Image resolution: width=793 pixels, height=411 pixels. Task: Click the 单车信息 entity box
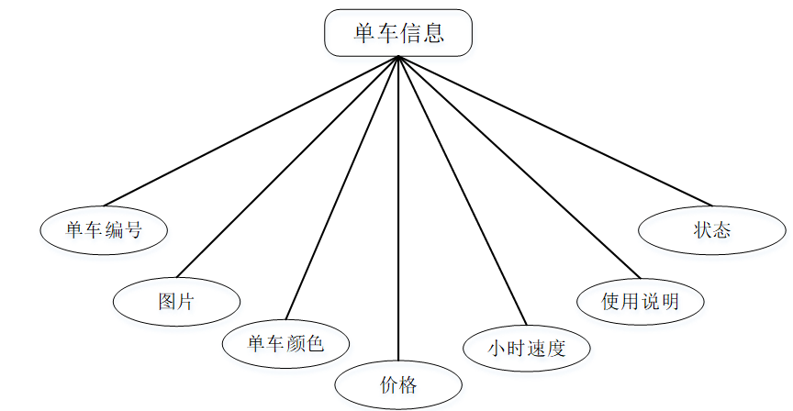[x=398, y=33]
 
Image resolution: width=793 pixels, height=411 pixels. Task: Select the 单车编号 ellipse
[x=105, y=229]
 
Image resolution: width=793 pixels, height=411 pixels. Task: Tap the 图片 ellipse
[x=176, y=300]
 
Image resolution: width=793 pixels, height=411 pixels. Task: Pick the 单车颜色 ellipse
[x=286, y=344]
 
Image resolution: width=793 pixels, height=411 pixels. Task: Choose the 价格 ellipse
[x=398, y=384]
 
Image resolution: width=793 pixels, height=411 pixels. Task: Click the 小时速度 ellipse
[x=526, y=348]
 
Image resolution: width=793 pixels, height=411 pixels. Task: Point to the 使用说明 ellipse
[x=640, y=301]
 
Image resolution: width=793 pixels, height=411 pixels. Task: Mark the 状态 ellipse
[x=711, y=229]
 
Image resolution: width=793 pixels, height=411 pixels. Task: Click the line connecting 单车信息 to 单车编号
[x=250, y=131]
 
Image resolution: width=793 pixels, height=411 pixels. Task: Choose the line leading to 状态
[x=555, y=131]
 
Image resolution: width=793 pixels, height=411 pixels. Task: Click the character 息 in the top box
[x=433, y=34]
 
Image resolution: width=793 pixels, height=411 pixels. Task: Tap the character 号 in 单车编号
[x=134, y=229]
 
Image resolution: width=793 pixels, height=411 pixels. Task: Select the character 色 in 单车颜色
[x=315, y=344]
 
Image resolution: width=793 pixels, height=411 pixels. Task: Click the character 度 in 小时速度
[x=555, y=348]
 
